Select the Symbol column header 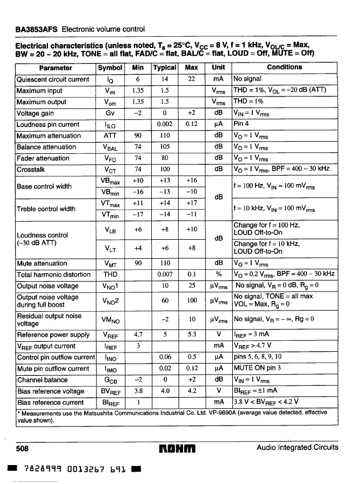(x=110, y=67)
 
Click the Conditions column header (x=285, y=67)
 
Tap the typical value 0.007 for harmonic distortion (x=165, y=274)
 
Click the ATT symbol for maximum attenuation (x=110, y=136)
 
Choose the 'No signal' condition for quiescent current (x=247, y=79)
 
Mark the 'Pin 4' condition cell (x=241, y=124)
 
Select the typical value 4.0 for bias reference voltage (x=165, y=391)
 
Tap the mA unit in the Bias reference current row (x=219, y=402)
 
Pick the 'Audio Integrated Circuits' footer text (x=297, y=448)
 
